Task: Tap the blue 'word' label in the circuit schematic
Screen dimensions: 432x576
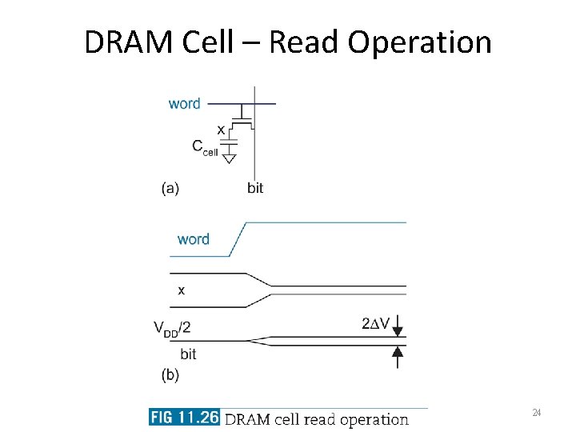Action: click(184, 103)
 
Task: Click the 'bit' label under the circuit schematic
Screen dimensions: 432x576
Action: click(255, 188)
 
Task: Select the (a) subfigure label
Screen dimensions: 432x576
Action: click(170, 188)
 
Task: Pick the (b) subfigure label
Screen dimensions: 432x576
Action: click(170, 374)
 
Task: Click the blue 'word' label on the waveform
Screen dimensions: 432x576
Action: click(194, 239)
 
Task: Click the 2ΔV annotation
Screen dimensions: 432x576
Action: click(376, 324)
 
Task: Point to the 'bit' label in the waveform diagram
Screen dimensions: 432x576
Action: click(188, 354)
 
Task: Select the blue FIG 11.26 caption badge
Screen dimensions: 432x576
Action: click(184, 418)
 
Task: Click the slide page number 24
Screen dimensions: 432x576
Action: click(537, 413)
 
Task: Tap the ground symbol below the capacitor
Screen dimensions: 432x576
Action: click(229, 159)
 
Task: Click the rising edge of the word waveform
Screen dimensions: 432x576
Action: click(238, 239)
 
